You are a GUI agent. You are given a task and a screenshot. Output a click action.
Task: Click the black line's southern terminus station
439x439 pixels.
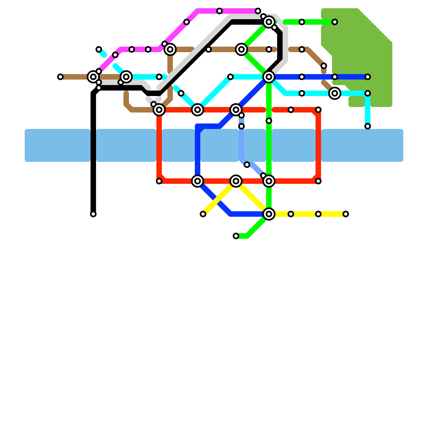tap(93, 214)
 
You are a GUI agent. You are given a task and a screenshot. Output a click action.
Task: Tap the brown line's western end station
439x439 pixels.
tap(60, 77)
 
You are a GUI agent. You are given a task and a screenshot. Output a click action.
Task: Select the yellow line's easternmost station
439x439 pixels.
tap(346, 214)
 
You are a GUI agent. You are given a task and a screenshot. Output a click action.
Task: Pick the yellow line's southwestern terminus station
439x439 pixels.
tap(203, 214)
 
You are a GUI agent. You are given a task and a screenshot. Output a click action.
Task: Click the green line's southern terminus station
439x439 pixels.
tap(236, 236)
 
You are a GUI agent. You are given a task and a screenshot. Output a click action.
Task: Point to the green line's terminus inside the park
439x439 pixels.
tap(335, 22)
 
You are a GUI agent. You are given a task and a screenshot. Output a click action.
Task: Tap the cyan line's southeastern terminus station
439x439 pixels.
tap(368, 126)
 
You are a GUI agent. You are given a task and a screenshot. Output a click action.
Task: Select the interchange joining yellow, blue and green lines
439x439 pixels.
tap(269, 214)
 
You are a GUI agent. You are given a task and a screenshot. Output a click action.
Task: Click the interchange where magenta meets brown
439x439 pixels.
tap(170, 49)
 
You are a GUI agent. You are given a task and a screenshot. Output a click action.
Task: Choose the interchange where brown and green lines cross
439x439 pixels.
tap(241, 49)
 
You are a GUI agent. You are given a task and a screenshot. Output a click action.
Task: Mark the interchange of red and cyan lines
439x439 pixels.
tap(198, 110)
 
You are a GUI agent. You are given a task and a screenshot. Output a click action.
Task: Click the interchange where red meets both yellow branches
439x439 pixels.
tap(236, 181)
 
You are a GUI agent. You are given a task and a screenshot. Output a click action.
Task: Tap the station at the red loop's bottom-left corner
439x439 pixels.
tap(159, 181)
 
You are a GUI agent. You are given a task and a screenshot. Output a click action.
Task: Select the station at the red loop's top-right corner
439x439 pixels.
tap(318, 110)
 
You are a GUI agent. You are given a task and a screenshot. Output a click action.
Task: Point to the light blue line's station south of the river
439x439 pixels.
tap(247, 165)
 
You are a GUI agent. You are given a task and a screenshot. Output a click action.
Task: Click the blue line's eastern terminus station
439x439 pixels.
tap(368, 77)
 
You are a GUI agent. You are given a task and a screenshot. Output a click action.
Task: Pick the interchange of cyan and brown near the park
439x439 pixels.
tap(335, 93)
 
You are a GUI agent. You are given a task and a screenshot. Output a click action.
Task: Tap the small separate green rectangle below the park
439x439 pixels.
tap(357, 102)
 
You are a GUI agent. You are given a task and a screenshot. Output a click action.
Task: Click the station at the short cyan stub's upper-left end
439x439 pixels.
tap(99, 49)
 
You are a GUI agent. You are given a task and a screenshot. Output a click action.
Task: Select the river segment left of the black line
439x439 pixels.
tap(58, 145)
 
